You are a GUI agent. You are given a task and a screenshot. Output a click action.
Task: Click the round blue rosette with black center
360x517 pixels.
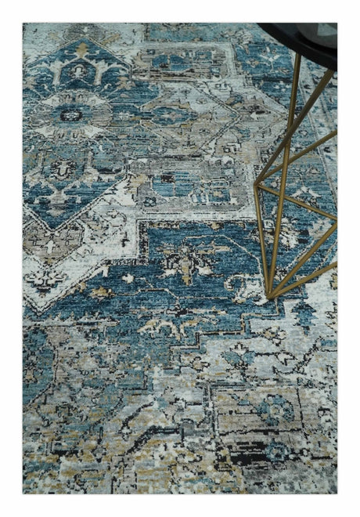72,114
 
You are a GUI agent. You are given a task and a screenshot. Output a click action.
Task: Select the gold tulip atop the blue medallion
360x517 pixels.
81,49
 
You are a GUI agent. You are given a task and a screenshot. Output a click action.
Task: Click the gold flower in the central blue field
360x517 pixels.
185,262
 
